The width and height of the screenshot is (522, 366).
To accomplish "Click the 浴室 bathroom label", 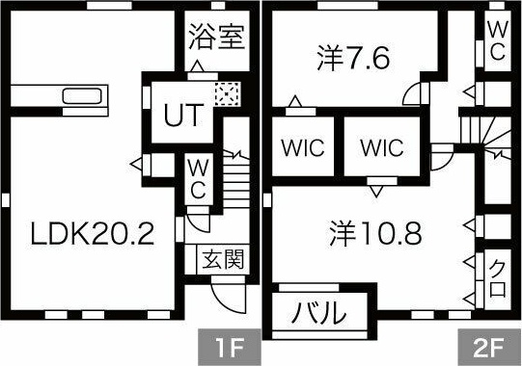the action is pos(215,39).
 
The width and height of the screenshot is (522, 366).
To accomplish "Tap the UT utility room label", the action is pos(182,116).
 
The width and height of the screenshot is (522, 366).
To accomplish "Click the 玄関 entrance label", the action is pos(219,259).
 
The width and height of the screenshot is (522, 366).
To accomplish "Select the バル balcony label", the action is pos(319,313).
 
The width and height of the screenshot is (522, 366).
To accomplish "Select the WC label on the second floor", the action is pos(496,39).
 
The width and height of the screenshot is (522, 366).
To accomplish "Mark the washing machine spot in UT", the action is pos(226,93).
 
